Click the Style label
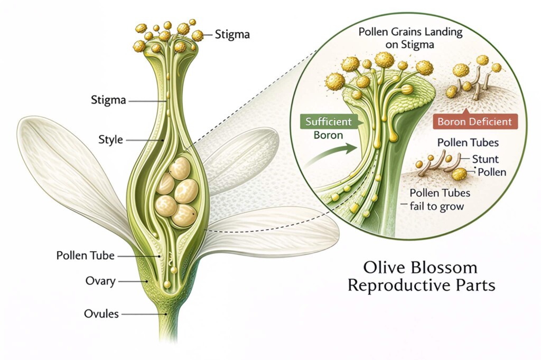coord(110,140)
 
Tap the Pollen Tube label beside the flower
coord(85,255)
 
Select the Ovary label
coord(100,281)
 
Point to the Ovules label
coord(101,314)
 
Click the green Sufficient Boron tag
coord(328,128)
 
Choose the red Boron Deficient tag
coord(474,122)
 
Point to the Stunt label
coord(484,158)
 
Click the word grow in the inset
coord(452,206)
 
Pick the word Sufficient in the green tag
coord(328,122)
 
